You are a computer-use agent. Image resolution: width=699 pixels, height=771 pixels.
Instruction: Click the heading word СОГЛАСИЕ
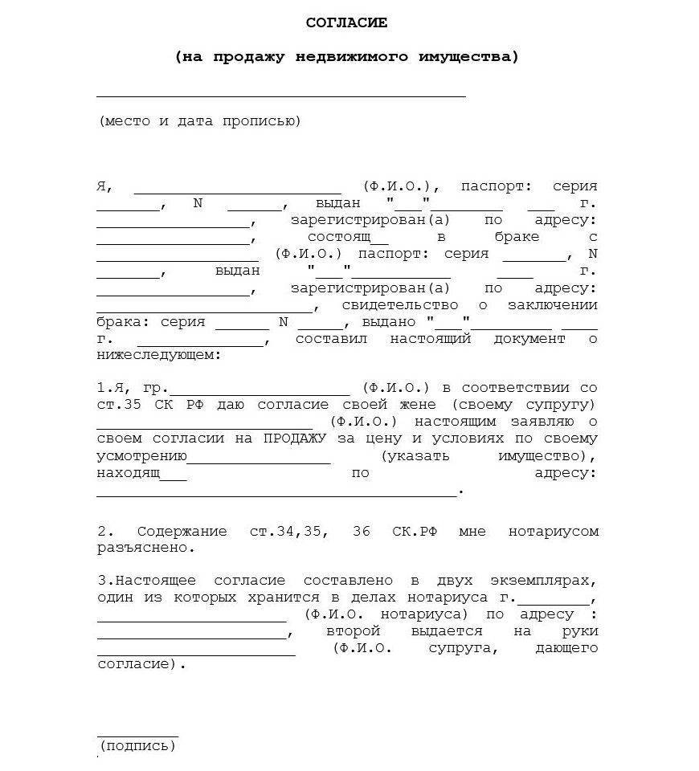(x=346, y=22)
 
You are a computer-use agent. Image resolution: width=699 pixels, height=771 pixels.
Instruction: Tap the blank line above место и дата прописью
(x=281, y=96)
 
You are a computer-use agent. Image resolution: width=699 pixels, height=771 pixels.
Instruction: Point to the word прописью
(x=269, y=121)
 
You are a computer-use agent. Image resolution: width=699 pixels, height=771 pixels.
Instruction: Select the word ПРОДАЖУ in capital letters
(x=291, y=438)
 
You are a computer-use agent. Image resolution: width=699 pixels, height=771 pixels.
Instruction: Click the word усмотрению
(x=141, y=455)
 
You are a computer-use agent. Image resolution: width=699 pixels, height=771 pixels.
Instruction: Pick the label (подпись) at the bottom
(x=137, y=746)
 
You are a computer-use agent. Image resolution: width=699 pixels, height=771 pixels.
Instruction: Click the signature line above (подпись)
(x=137, y=735)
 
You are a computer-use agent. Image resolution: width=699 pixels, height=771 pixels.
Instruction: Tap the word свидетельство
(x=400, y=305)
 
